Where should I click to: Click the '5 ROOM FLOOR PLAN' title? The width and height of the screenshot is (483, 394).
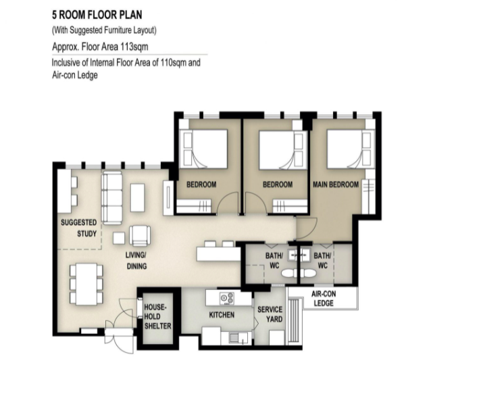pos(97,15)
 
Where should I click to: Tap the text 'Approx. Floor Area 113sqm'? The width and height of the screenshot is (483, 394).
pos(100,47)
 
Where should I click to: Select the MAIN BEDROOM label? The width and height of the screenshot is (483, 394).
pos(336,184)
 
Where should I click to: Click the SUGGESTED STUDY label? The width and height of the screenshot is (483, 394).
pos(79,228)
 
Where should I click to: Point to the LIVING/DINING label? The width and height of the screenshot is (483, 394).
pos(136,261)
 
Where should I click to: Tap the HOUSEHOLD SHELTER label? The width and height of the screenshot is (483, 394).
pos(157,317)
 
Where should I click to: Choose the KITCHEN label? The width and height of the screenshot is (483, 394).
pos(222,315)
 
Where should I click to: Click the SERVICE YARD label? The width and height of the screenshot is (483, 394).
pos(270,314)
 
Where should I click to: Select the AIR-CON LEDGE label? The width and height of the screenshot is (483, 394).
pos(324,299)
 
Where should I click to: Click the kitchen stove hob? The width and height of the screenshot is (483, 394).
pos(227,299)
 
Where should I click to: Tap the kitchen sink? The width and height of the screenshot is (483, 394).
pos(238,338)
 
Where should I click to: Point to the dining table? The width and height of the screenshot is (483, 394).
pos(86,284)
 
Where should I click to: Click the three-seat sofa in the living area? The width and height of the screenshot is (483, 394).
pos(112,197)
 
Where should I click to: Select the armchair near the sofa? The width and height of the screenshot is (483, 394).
pos(140,236)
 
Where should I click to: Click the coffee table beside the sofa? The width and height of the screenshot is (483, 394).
pos(137,197)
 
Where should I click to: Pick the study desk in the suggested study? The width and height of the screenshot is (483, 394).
pos(65,191)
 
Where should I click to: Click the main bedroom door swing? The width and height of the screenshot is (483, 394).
pos(307,228)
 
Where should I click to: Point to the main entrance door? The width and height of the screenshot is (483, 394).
pos(120,337)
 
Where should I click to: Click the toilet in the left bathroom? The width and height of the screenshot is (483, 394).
pos(290,273)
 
